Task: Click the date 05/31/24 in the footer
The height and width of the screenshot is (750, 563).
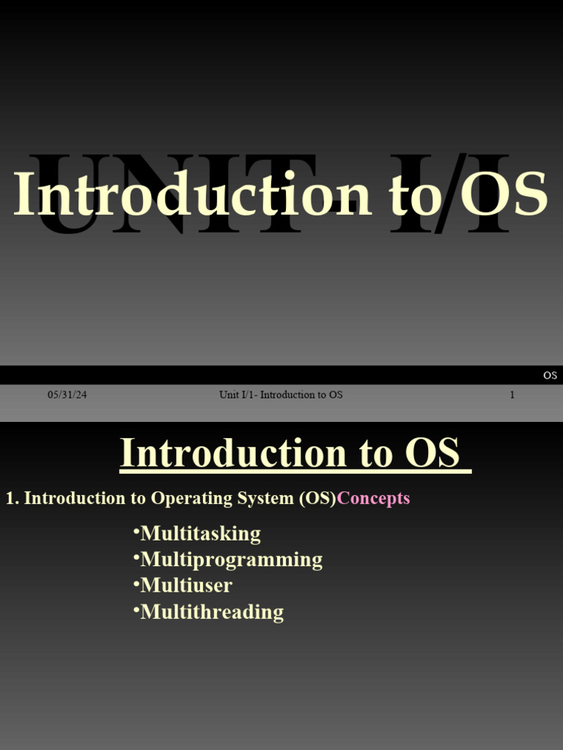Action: coord(67,395)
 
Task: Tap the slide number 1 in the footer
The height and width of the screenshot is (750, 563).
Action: coord(512,395)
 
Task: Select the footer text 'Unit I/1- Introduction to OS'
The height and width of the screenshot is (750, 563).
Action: coord(281,395)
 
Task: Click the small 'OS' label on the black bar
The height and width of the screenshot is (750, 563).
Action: coord(550,376)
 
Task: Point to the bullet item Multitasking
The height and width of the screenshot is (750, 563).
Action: coord(200,533)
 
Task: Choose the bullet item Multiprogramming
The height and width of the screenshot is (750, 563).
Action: coord(231,560)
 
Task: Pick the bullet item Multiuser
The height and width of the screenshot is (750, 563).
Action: coord(186,585)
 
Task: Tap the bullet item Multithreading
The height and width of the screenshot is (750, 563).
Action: coord(212,612)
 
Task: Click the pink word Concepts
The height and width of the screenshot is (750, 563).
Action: coord(373,498)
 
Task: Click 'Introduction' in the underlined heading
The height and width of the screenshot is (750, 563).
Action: coord(233,453)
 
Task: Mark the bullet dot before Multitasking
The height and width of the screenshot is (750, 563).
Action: coord(136,530)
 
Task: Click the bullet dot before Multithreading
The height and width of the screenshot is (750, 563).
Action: coord(136,608)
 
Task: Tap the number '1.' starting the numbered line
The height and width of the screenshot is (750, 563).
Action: coord(12,498)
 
